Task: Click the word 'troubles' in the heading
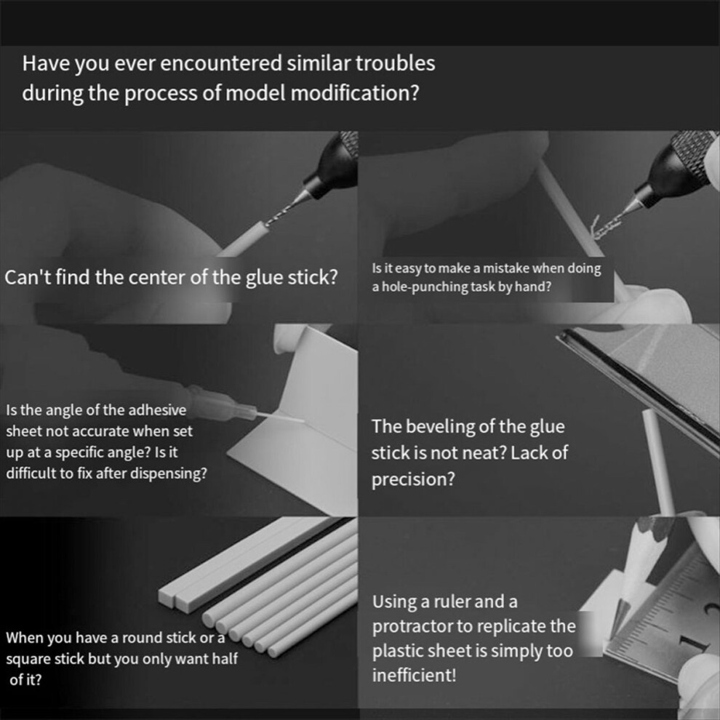(x=396, y=63)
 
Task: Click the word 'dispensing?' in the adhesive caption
(x=169, y=473)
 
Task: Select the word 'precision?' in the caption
(x=413, y=479)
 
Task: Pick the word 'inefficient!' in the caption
(x=415, y=676)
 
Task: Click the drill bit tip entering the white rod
(x=266, y=223)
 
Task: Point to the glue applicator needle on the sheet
(x=280, y=417)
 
